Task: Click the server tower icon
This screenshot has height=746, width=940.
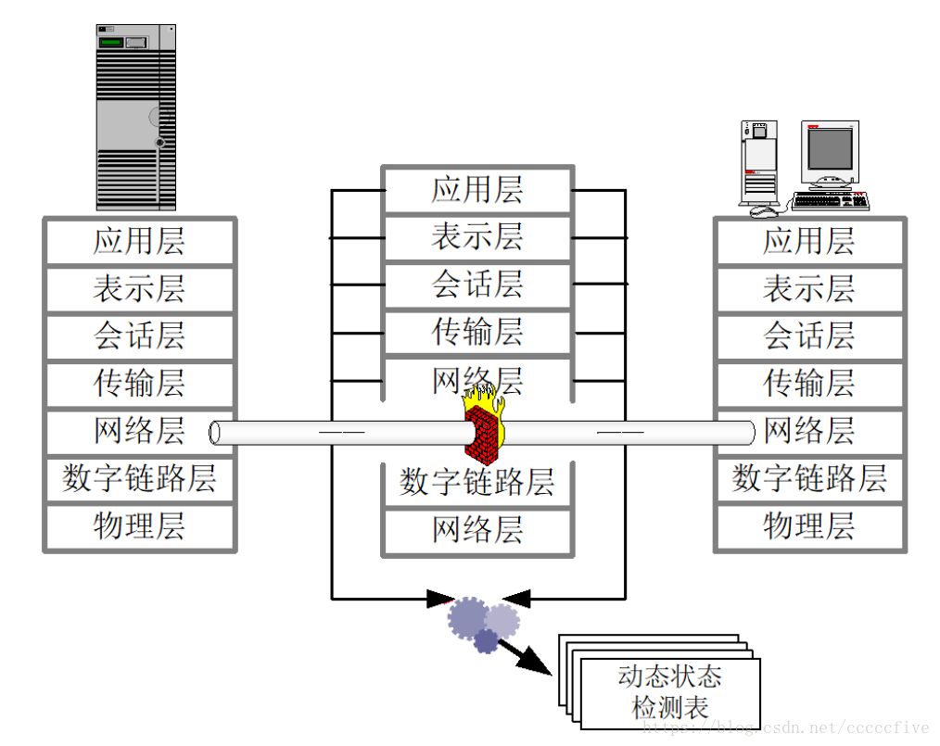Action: pos(135,117)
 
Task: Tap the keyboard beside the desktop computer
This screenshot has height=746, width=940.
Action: pos(830,200)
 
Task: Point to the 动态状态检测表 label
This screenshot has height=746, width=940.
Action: pos(669,691)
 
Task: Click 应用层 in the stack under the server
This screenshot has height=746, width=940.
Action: pos(139,241)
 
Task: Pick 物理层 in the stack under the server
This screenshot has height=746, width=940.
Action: pos(139,526)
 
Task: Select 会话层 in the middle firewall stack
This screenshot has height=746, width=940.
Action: pos(476,284)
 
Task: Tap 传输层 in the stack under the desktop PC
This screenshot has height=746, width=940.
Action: pos(808,383)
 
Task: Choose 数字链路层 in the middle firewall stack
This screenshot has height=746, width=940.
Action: pos(476,482)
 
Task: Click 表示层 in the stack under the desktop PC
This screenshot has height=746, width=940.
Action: pos(808,288)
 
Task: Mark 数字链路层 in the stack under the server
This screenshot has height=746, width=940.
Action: pos(139,479)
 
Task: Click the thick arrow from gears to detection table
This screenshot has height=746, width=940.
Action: pos(523,653)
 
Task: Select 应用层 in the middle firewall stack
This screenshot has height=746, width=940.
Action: pos(476,189)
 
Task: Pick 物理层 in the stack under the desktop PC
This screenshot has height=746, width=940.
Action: pos(808,526)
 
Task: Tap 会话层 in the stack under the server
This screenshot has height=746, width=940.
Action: pos(139,335)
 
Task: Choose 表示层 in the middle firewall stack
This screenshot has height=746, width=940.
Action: pos(476,237)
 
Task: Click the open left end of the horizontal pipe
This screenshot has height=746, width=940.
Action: pos(215,432)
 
